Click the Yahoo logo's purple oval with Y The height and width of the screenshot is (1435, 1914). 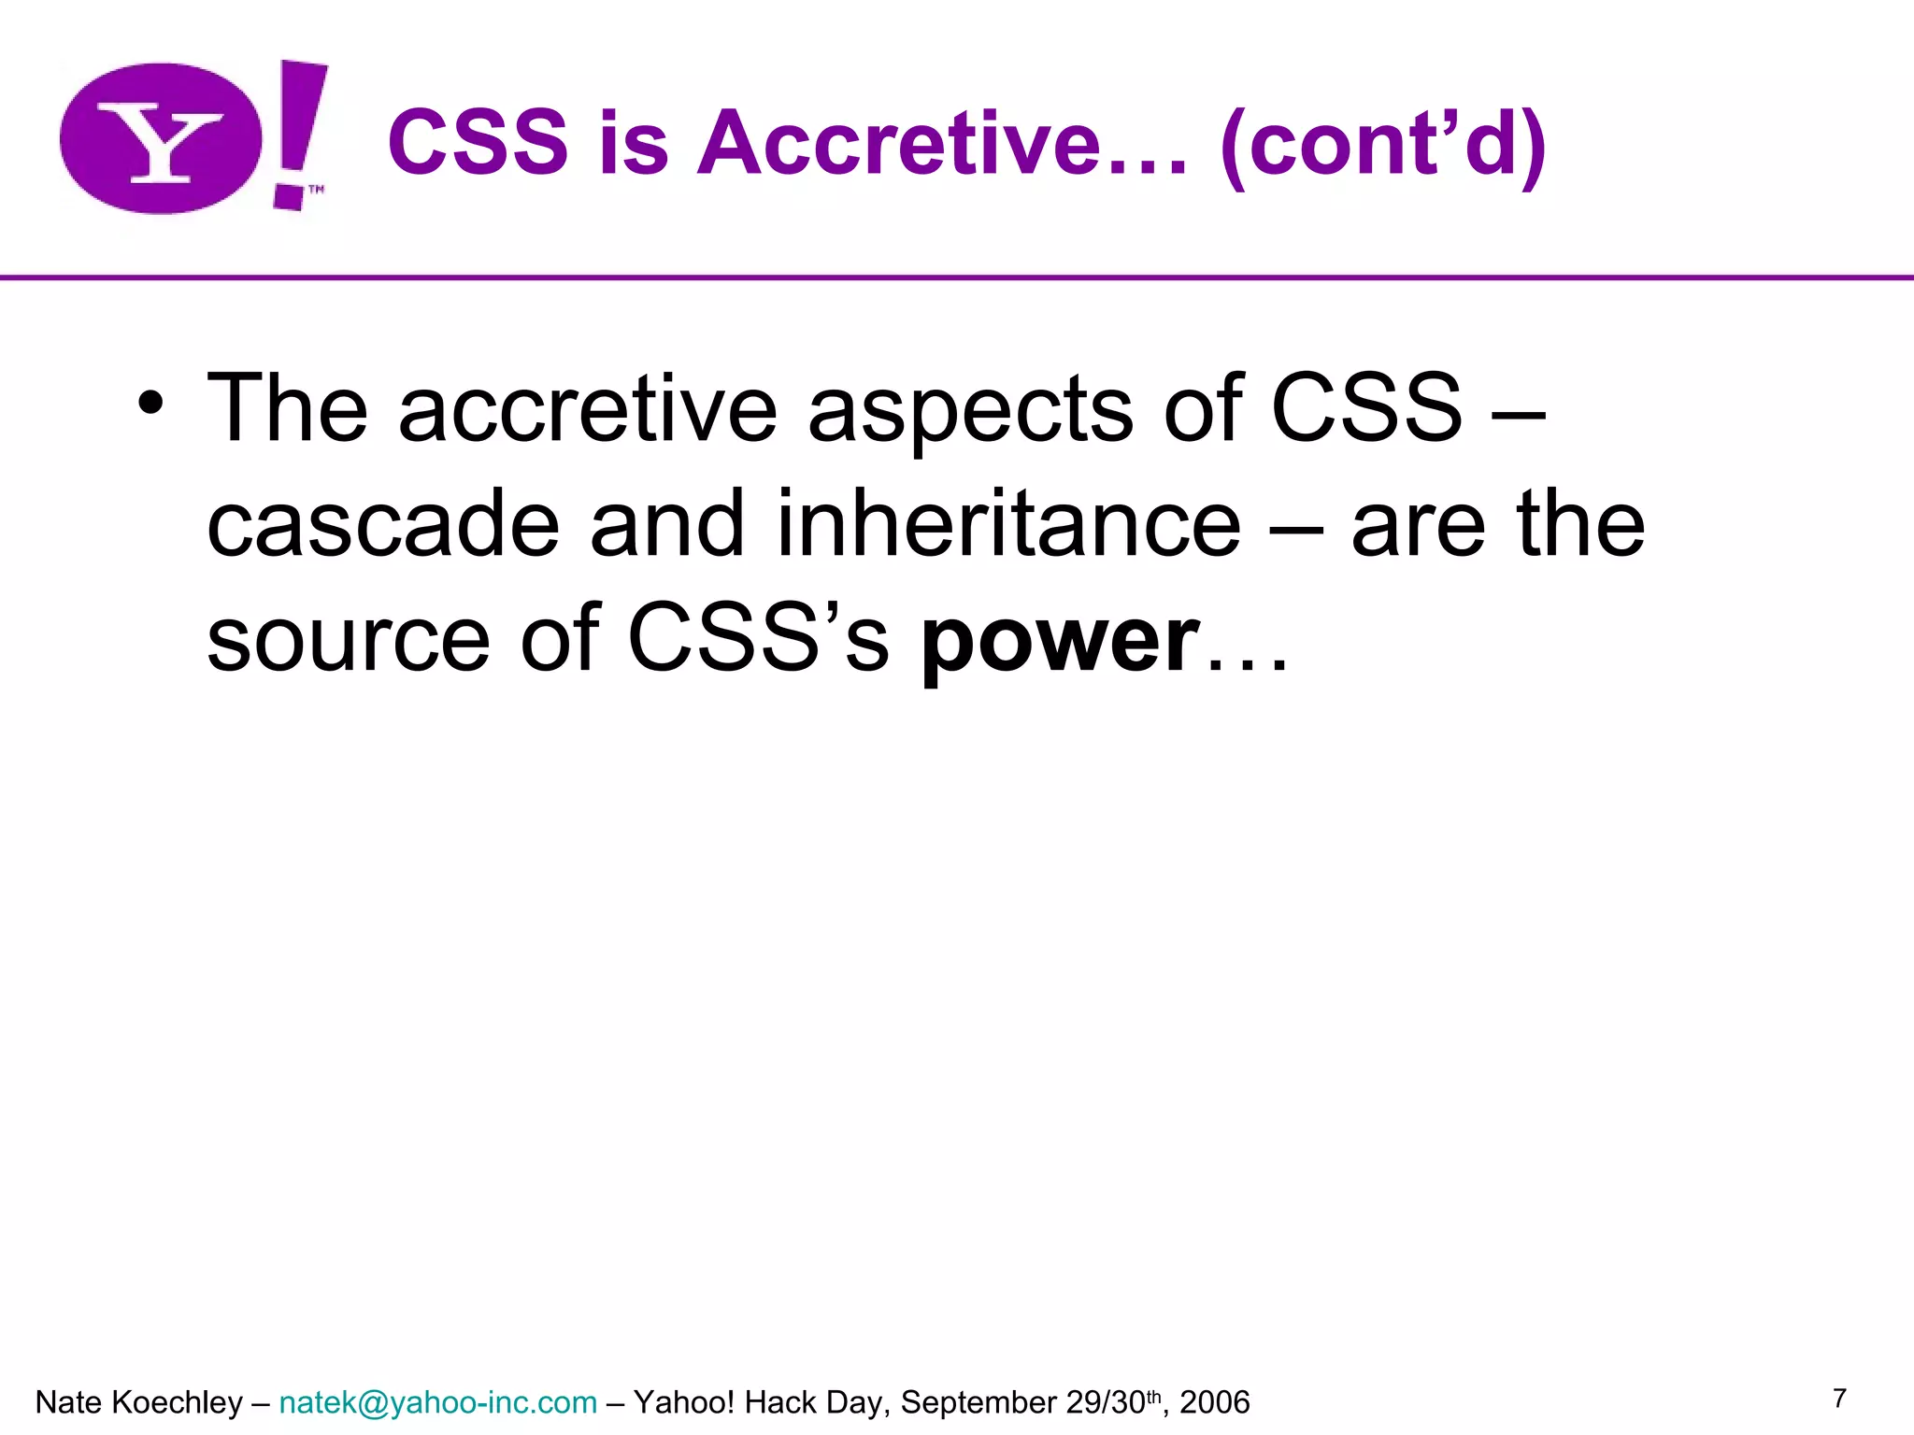coord(161,138)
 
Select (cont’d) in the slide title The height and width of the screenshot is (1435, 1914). coord(1383,145)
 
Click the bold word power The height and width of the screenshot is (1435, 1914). coord(1060,640)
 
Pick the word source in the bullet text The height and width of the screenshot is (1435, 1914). coord(349,640)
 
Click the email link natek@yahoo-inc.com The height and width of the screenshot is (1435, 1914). coord(437,1402)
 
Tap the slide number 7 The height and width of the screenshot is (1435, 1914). coord(1839,1399)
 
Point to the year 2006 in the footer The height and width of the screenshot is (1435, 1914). coord(1215,1402)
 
